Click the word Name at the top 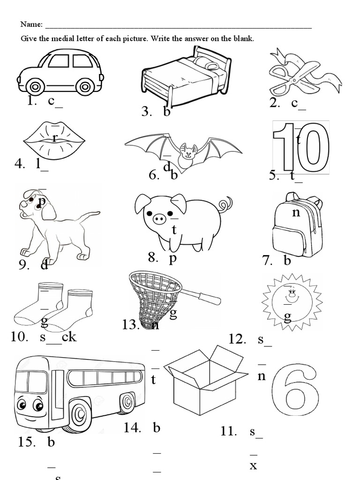[x=31, y=25]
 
